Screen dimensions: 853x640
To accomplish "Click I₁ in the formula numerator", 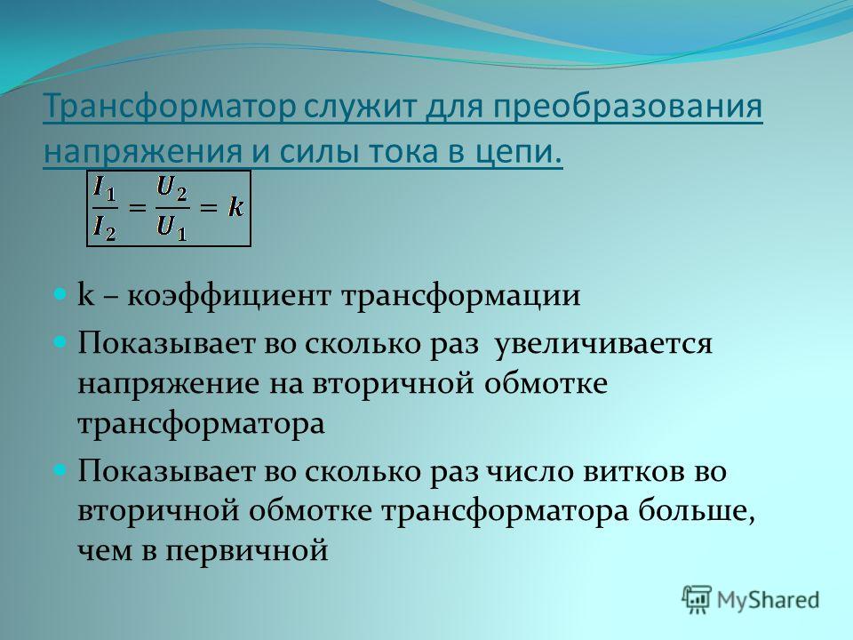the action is [x=105, y=188].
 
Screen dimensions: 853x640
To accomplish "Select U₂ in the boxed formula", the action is [x=171, y=188].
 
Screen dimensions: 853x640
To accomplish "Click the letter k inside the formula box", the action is [x=235, y=207].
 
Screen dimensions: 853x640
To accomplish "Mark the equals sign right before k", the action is [x=209, y=207].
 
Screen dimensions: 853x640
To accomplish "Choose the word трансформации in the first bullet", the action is [x=461, y=296].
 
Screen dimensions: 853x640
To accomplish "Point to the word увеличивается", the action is [x=603, y=345].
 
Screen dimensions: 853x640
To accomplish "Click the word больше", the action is [x=697, y=511].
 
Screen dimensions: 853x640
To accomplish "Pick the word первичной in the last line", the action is [x=247, y=551].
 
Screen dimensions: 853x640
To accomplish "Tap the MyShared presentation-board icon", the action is [x=697, y=600].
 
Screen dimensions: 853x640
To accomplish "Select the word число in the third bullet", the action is [x=530, y=471].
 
